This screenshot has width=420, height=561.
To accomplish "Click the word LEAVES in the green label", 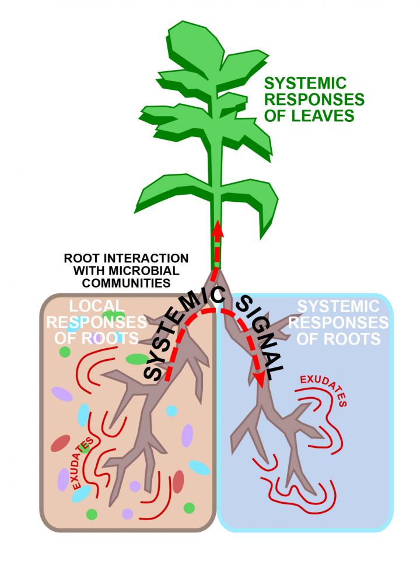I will (x=327, y=116).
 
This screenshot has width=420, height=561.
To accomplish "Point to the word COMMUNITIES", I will (x=125, y=283).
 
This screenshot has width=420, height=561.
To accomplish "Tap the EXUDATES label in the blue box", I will (x=324, y=388).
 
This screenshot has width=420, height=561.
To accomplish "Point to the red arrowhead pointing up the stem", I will (x=217, y=227).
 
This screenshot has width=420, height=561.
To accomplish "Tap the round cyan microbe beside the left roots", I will (x=171, y=411).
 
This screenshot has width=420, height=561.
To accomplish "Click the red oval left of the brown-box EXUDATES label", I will (x=60, y=443).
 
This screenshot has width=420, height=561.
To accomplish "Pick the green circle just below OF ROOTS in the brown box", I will (x=65, y=352).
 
